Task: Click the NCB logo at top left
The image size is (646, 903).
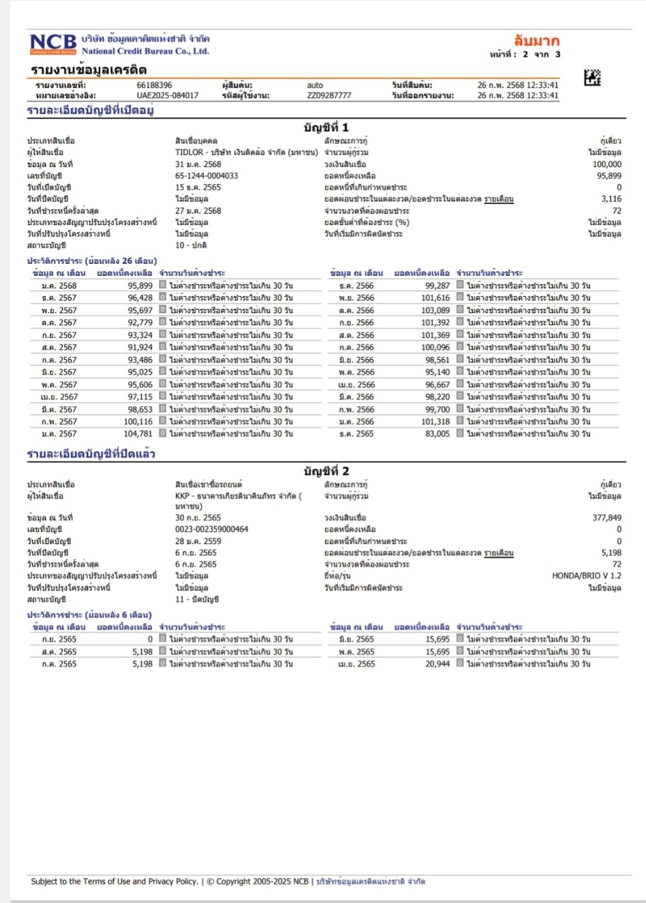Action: point(53,44)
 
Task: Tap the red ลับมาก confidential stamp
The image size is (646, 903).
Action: point(538,41)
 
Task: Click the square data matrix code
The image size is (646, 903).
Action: point(593,78)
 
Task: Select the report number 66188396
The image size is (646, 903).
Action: point(155,85)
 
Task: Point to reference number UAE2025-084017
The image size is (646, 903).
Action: point(167,95)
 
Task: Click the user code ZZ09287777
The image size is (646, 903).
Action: point(329,95)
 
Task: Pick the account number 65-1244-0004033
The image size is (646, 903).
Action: point(207,176)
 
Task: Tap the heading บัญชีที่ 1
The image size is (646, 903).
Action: point(325,128)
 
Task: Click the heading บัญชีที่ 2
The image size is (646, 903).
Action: point(325,471)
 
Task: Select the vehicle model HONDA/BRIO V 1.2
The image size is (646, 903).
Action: point(587,576)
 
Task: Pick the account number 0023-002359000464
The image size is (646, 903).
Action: point(212,529)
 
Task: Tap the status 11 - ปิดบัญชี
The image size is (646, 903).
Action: point(198,599)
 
